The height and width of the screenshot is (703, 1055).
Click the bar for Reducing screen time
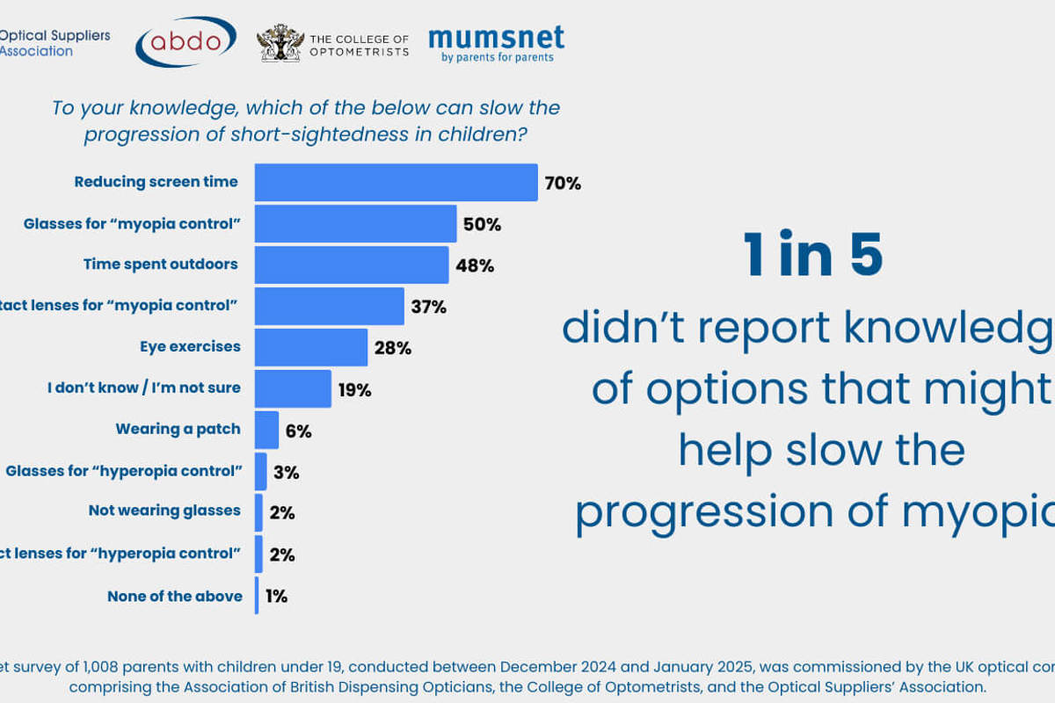[396, 183]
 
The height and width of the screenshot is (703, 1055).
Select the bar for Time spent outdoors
[352, 265]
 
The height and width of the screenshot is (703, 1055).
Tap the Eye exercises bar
[311, 347]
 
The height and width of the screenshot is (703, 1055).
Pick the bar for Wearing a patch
[266, 431]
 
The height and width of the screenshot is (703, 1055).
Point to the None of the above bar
[257, 596]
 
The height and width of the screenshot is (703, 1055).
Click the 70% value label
[563, 184]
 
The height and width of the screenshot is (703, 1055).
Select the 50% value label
[482, 224]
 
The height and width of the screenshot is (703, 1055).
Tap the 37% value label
[428, 307]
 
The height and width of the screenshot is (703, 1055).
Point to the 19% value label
[354, 389]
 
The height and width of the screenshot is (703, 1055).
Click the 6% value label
[298, 431]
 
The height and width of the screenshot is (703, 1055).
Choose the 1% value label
[276, 596]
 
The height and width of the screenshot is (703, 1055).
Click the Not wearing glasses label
[164, 511]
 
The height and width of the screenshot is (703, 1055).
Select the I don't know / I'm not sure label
[143, 388]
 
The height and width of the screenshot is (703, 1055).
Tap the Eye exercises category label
[190, 346]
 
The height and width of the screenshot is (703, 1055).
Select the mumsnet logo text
[496, 38]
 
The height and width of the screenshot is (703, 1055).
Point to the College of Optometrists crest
[280, 43]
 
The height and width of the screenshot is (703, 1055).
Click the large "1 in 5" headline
[813, 256]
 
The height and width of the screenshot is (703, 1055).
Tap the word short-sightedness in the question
[334, 134]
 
